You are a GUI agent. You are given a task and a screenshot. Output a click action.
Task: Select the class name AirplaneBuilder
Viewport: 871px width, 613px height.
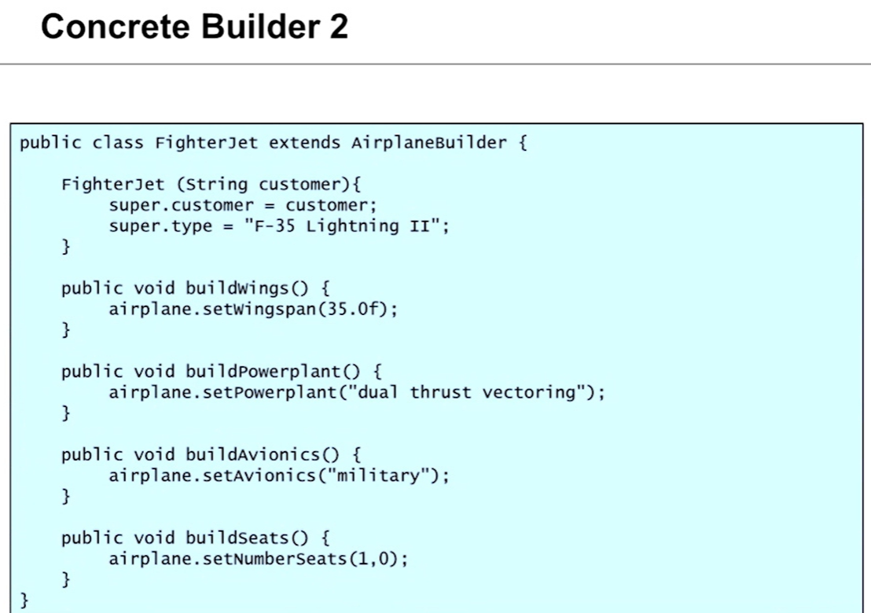[428, 143]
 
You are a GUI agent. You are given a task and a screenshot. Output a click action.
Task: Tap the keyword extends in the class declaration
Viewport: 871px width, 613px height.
[304, 143]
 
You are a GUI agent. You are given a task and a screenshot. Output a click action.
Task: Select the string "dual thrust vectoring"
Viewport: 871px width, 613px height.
[475, 392]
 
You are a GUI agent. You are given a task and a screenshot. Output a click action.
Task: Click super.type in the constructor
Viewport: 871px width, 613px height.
[160, 226]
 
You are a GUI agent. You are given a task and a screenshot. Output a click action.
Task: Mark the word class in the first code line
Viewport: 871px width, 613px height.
[118, 143]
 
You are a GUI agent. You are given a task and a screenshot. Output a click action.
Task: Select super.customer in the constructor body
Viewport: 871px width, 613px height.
[182, 206]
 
